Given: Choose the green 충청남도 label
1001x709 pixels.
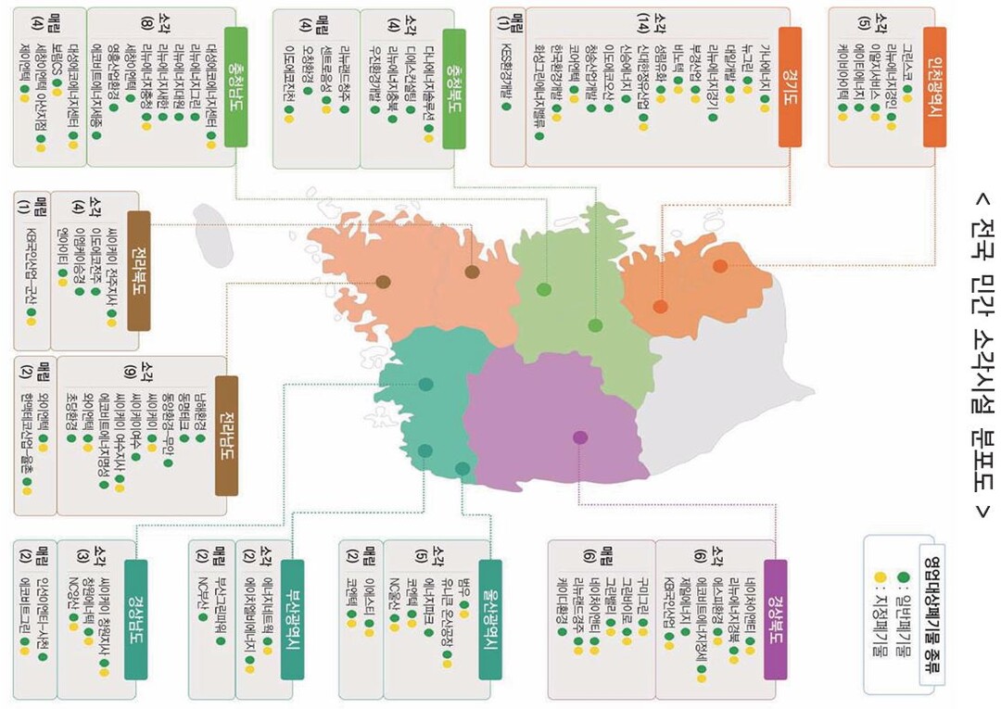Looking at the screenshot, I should click(236, 86).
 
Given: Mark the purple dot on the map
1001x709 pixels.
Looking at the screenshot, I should click(580, 437).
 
